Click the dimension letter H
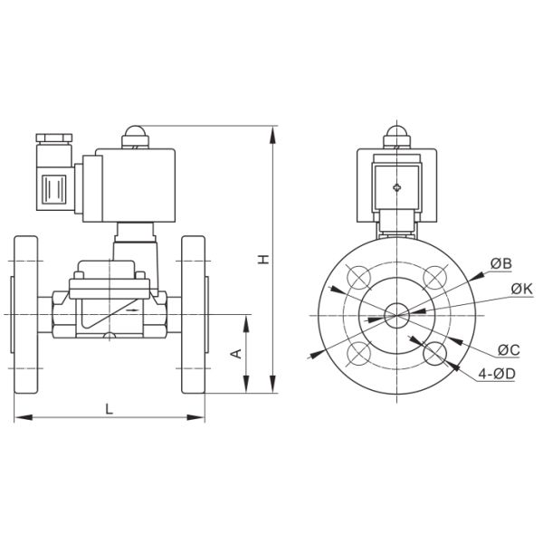coord(263,260)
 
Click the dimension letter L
coord(110,409)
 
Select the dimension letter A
coord(235,353)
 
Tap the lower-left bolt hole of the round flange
coord(358,351)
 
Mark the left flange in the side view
coord(25,314)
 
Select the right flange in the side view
coord(194,314)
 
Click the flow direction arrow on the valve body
coord(135,310)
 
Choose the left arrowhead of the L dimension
coord(17,417)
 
